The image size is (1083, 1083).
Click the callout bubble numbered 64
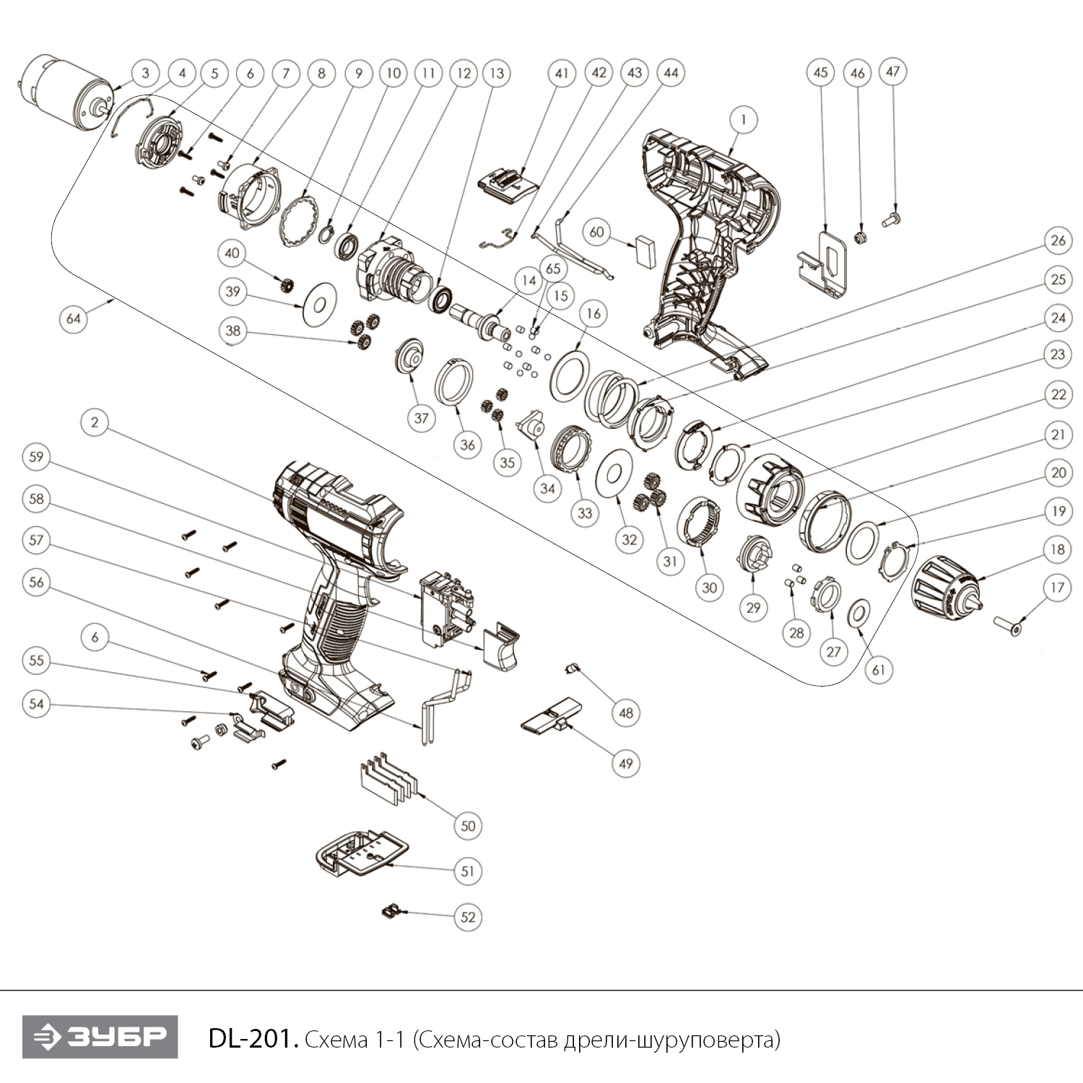click(74, 318)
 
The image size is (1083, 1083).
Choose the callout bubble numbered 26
click(1058, 240)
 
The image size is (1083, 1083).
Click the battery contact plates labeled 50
click(386, 780)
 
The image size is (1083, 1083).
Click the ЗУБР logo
click(100, 1037)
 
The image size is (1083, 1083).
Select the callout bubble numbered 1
click(744, 119)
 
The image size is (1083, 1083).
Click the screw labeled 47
click(892, 214)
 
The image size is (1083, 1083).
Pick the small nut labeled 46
click(858, 237)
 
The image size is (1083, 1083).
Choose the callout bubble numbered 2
click(95, 422)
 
